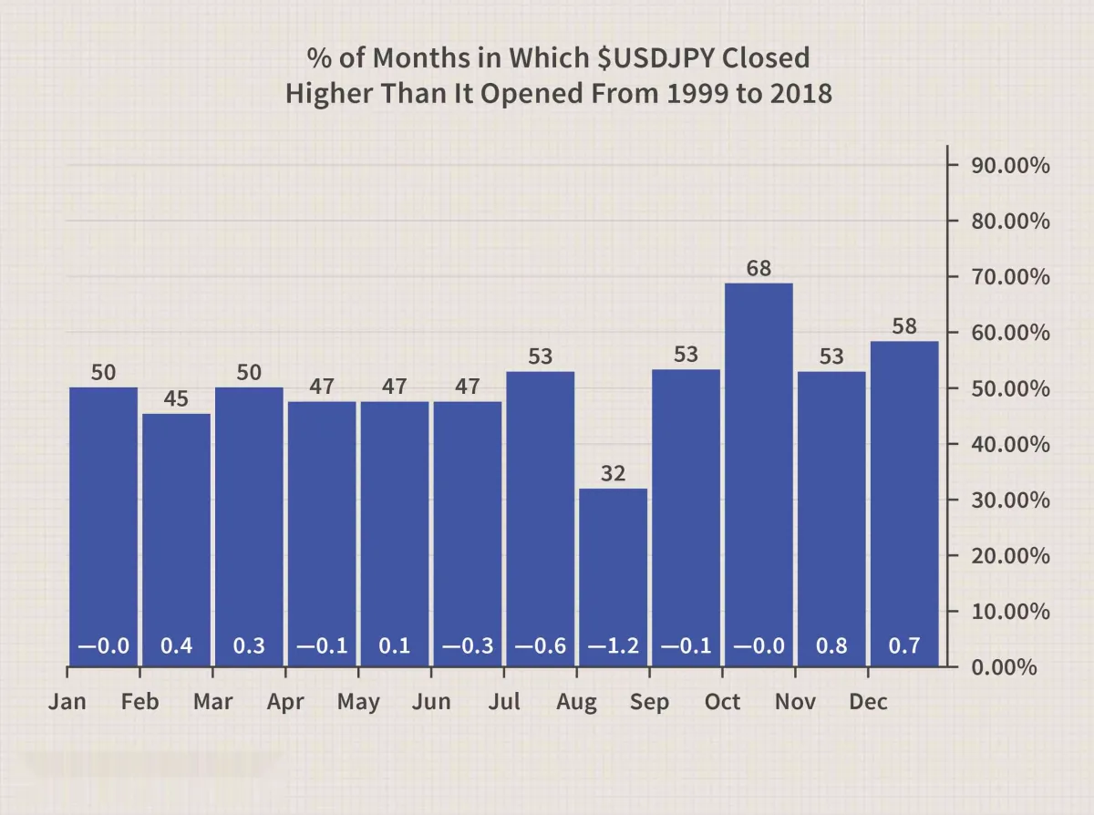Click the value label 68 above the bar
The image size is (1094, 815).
pyautogui.click(x=759, y=269)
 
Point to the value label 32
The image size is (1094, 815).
pyautogui.click(x=613, y=474)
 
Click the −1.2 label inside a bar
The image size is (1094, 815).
pyautogui.click(x=613, y=646)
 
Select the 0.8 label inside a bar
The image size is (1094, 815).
pyautogui.click(x=831, y=646)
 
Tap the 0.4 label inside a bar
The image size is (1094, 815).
pyautogui.click(x=176, y=646)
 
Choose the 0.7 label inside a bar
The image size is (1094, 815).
pyautogui.click(x=903, y=646)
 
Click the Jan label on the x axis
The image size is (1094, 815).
pyautogui.click(x=68, y=702)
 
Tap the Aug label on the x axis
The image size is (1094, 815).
pyautogui.click(x=576, y=702)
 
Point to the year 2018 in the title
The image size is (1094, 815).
pyautogui.click(x=800, y=93)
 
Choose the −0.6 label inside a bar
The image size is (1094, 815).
pyautogui.click(x=541, y=646)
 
